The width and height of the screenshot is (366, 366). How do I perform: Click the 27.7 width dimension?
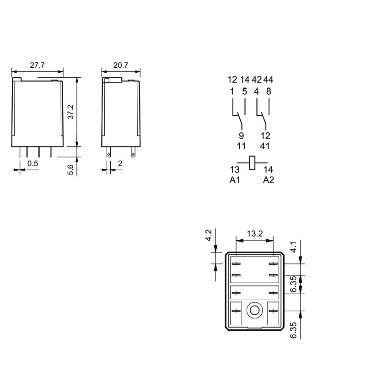pos(37,65)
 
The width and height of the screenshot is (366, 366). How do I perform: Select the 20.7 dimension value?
pos(121,65)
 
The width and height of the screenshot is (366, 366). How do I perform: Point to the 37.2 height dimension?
pos(70,112)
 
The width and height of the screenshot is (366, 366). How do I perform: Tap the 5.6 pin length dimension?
pos(70,170)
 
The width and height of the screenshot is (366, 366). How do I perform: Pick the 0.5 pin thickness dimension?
pos(32,163)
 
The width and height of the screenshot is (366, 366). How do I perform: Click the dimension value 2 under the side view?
pos(120,163)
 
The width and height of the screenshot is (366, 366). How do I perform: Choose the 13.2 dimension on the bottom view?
pos(255,233)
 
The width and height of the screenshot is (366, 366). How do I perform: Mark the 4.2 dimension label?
pos(208,235)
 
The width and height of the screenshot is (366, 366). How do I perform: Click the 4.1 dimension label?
pos(293,247)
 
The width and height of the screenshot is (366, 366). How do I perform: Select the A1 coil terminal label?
pos(235,180)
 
